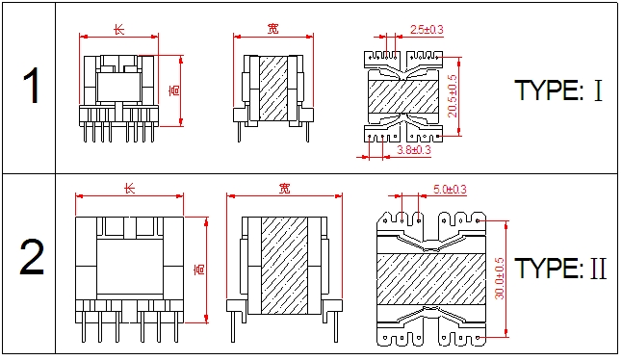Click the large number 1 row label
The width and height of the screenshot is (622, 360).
32,86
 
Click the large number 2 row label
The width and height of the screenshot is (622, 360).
32,257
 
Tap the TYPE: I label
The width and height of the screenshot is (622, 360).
558,90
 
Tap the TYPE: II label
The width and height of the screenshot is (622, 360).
560,268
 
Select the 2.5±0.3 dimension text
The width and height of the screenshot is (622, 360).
427,29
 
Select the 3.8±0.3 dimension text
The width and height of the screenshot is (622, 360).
414,150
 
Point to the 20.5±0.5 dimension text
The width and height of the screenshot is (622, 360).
453,96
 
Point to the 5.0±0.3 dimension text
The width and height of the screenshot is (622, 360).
450,190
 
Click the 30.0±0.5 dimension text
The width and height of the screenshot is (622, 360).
500,278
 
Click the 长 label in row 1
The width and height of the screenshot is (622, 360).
118,29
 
